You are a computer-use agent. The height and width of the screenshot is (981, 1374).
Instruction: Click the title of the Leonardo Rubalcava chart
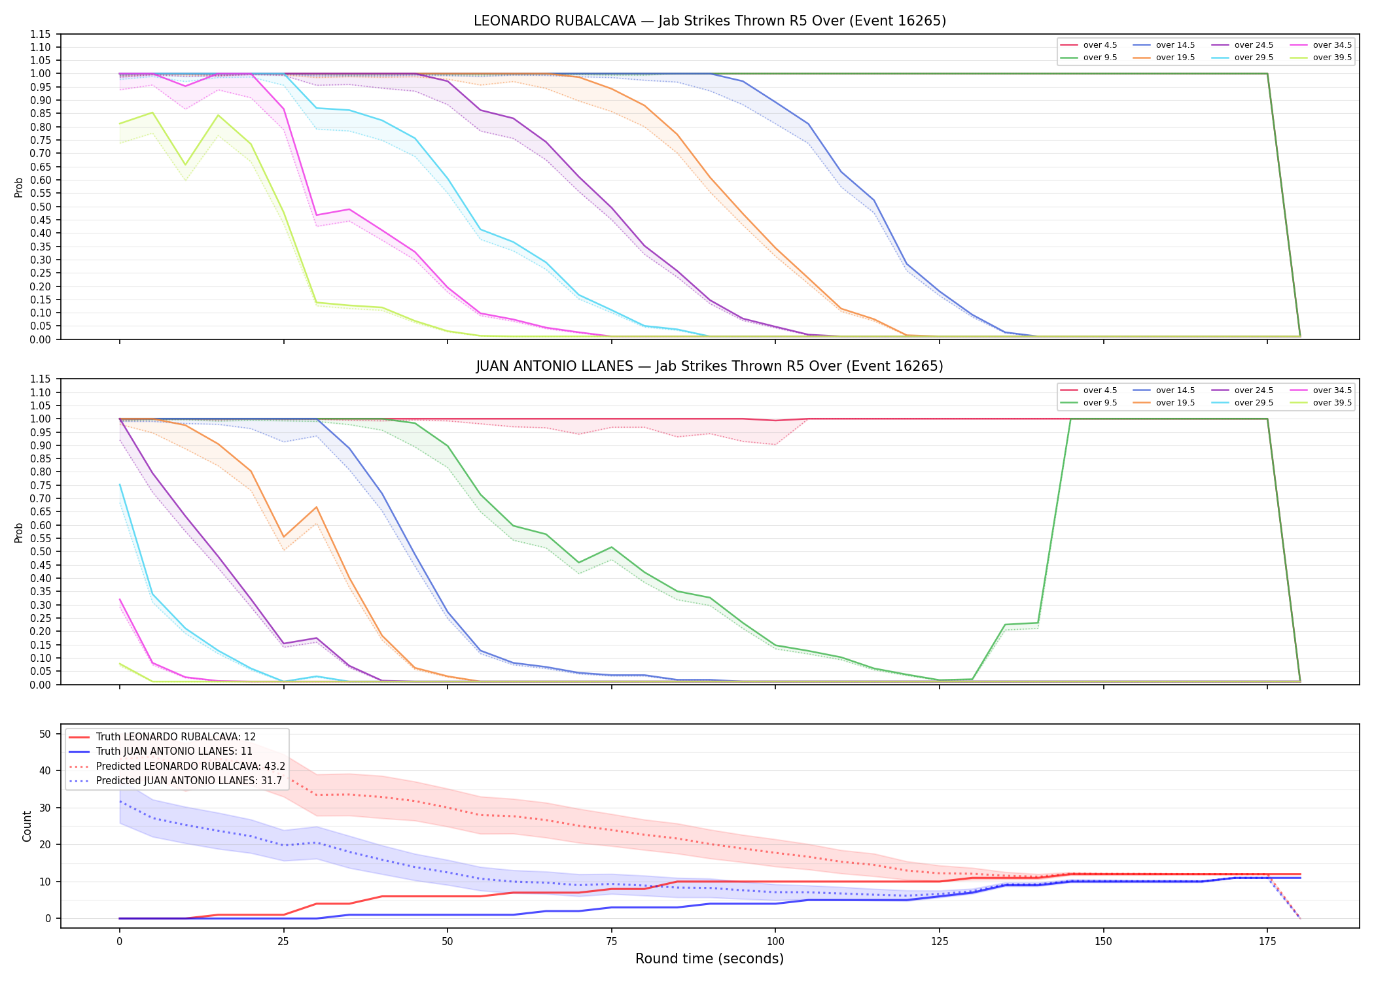click(710, 21)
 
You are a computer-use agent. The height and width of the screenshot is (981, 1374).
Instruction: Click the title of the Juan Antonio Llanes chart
click(710, 366)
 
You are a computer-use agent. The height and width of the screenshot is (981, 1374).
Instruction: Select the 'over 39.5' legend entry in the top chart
click(1320, 58)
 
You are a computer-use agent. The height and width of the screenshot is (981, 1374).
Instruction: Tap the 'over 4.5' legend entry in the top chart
click(1089, 45)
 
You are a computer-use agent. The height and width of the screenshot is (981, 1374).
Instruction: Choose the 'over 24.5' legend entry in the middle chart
click(1242, 390)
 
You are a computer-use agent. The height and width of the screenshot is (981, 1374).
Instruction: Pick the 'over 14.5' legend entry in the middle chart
click(1164, 390)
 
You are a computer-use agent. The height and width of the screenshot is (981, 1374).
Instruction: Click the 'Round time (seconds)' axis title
click(709, 959)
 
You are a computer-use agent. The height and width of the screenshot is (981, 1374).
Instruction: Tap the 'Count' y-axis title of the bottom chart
click(27, 826)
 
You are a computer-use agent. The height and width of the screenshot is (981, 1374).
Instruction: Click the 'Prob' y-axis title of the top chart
click(19, 187)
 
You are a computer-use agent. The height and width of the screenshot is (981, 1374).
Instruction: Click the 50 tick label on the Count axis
click(45, 734)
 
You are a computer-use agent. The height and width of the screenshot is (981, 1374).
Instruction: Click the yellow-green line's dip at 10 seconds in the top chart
click(185, 165)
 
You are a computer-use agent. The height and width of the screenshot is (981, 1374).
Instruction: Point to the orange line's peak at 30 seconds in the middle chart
click(317, 507)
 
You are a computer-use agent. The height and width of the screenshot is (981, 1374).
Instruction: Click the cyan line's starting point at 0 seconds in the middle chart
click(120, 485)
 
